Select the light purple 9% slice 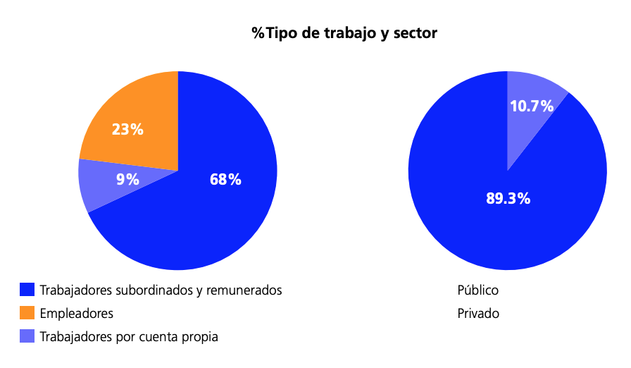pos(99,185)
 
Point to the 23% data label pos(127,129)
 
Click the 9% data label pos(127,180)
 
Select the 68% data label pos(225,180)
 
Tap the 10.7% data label pos(532,106)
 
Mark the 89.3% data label pos(508,199)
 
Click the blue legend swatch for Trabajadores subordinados pos(27,290)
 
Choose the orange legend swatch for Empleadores pos(27,313)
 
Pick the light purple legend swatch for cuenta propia pos(27,336)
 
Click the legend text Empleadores pos(77,313)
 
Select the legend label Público pos(478,290)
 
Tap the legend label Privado pos(478,313)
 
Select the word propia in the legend pos(201,337)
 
